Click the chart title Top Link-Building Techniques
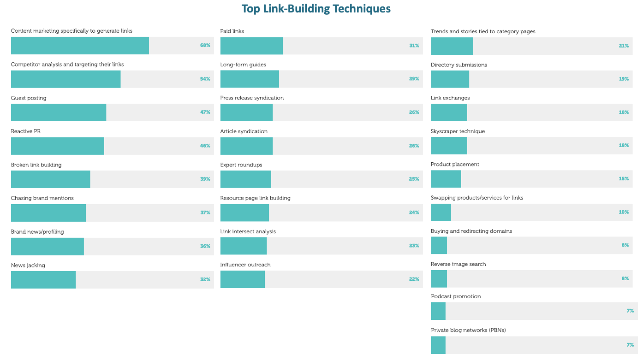pyautogui.click(x=316, y=9)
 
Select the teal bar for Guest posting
pyautogui.click(x=59, y=112)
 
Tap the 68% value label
pyautogui.click(x=205, y=45)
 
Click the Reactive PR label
pyautogui.click(x=26, y=131)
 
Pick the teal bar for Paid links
pyautogui.click(x=251, y=46)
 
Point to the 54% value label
pyautogui.click(x=205, y=79)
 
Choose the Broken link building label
pyautogui.click(x=36, y=165)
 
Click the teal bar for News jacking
pyautogui.click(x=43, y=280)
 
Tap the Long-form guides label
pyautogui.click(x=243, y=65)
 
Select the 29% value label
pyautogui.click(x=414, y=79)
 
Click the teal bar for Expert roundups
pyautogui.click(x=246, y=179)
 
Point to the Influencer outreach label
pyautogui.click(x=245, y=265)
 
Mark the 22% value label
pyautogui.click(x=414, y=279)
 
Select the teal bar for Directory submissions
pyautogui.click(x=450, y=79)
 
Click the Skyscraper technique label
pyautogui.click(x=458, y=131)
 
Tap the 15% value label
pyautogui.click(x=624, y=179)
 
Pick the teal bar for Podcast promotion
pyautogui.click(x=438, y=311)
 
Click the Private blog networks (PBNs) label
pyautogui.click(x=469, y=330)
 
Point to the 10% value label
pyautogui.click(x=624, y=212)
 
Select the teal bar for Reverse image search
pyautogui.click(x=439, y=279)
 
